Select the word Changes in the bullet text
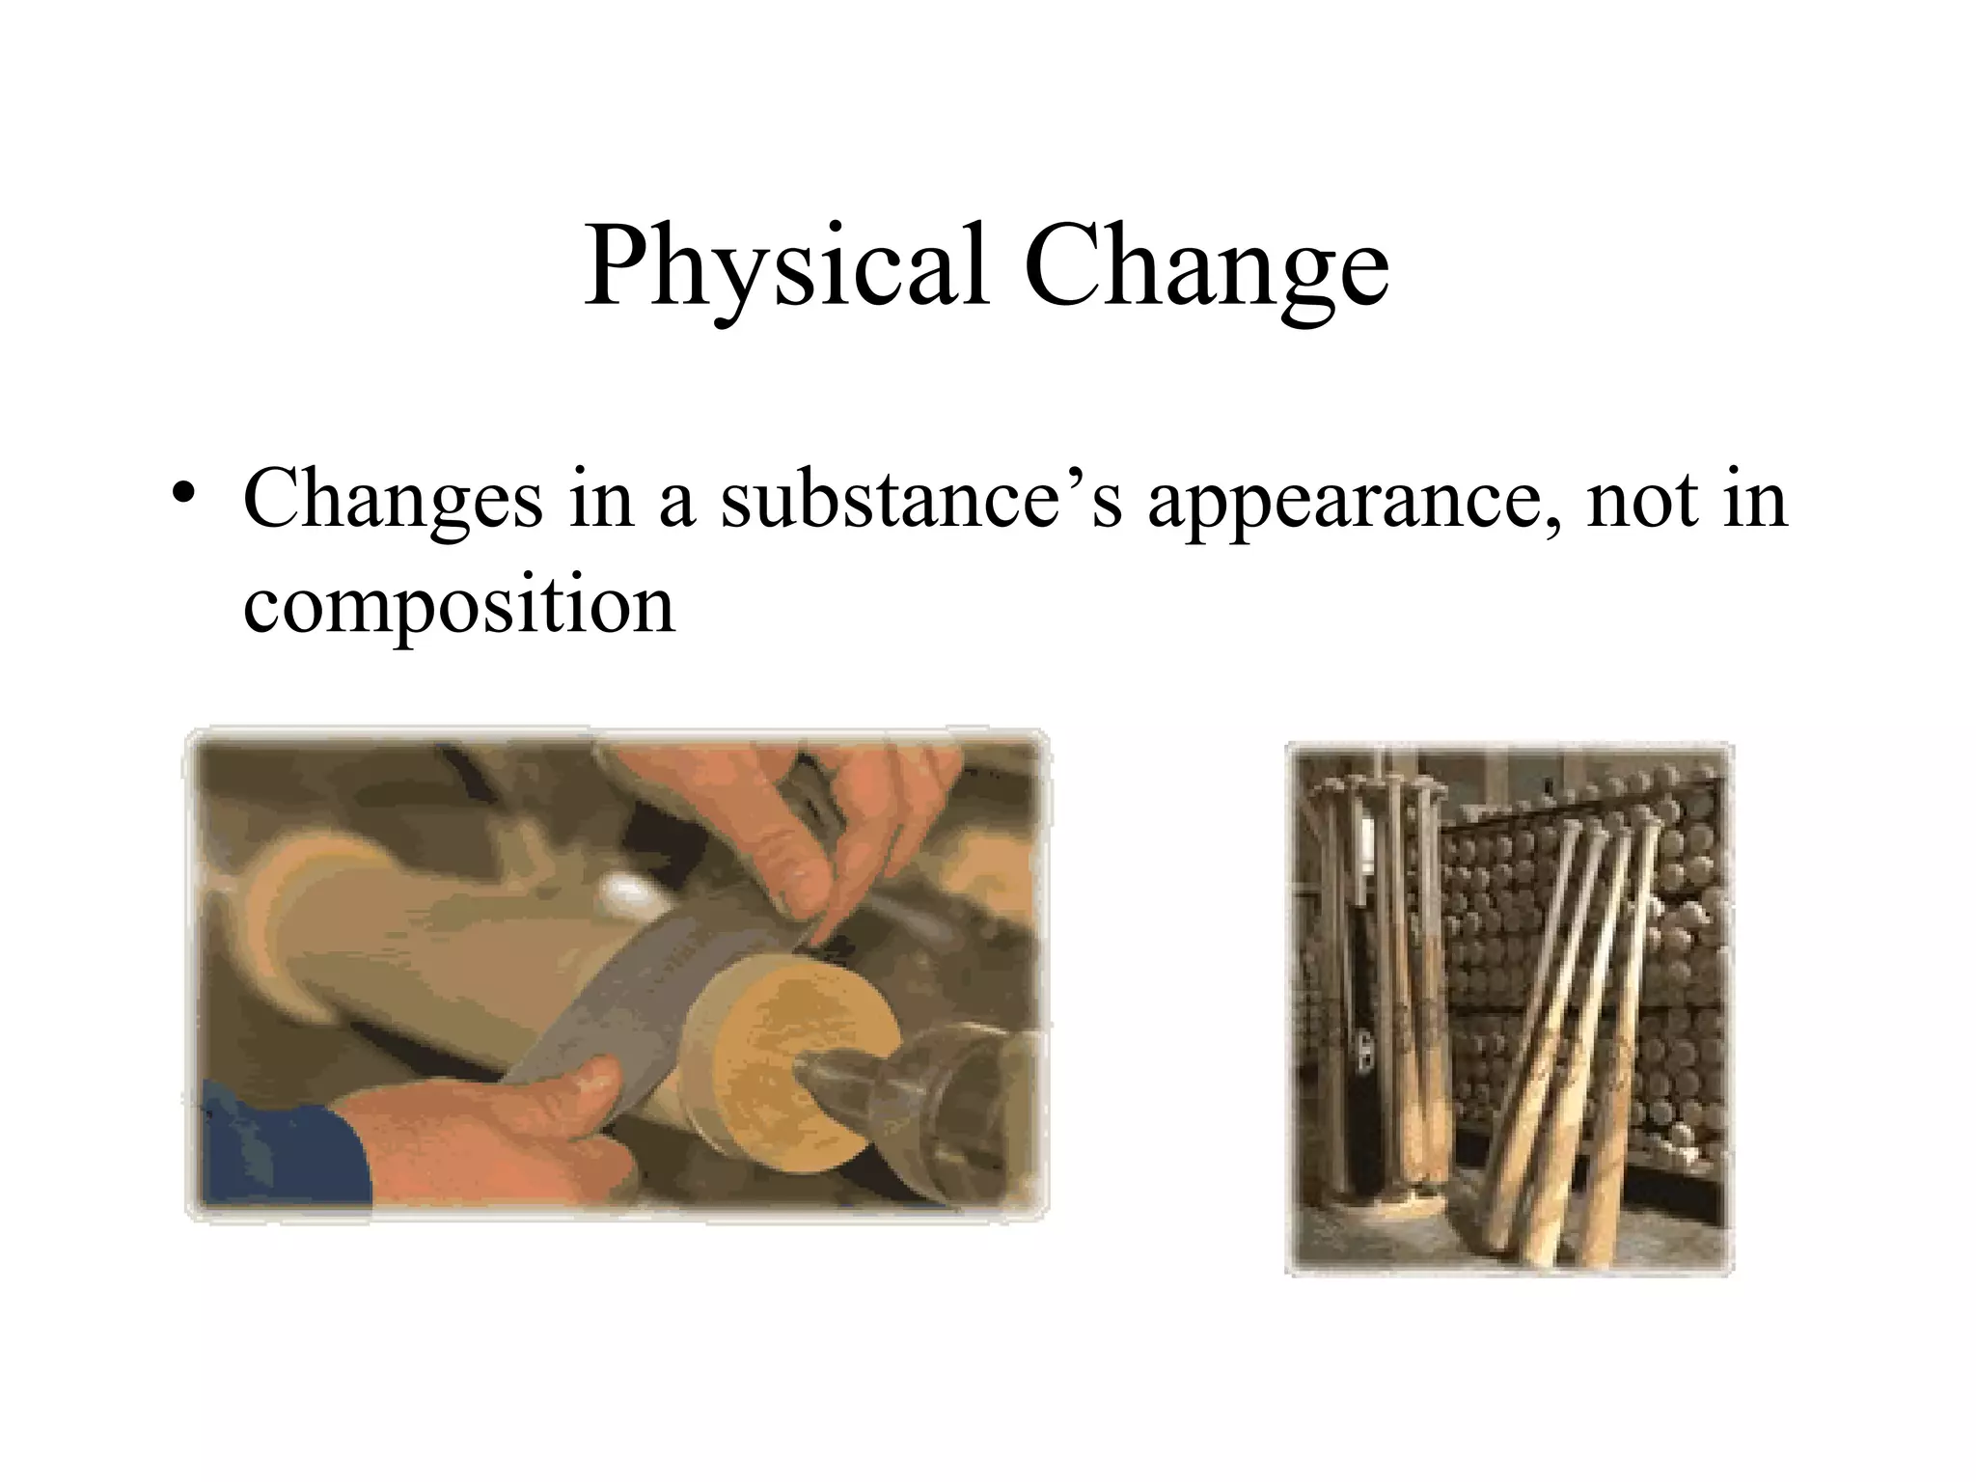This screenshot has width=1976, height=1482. (x=393, y=500)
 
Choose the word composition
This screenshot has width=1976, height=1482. (x=459, y=606)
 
